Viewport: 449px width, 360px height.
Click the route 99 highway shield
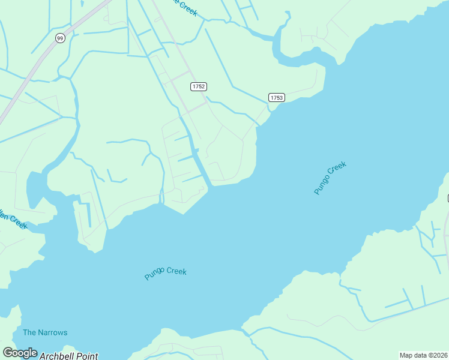coord(59,38)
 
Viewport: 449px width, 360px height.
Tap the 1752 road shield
coord(199,86)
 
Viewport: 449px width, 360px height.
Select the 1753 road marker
coord(276,97)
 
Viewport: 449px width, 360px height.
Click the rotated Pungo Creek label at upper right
coord(331,178)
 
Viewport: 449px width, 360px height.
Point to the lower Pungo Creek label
coord(166,273)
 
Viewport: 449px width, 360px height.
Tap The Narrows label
coord(45,332)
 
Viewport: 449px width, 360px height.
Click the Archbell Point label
coord(68,356)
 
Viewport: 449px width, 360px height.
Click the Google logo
coord(20,353)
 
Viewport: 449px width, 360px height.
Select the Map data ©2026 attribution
coord(423,355)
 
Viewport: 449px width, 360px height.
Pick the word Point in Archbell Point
coord(87,356)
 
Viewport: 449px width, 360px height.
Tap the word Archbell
coord(57,356)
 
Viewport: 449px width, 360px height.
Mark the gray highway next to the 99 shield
coord(42,57)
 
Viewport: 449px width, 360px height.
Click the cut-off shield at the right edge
coord(448,198)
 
